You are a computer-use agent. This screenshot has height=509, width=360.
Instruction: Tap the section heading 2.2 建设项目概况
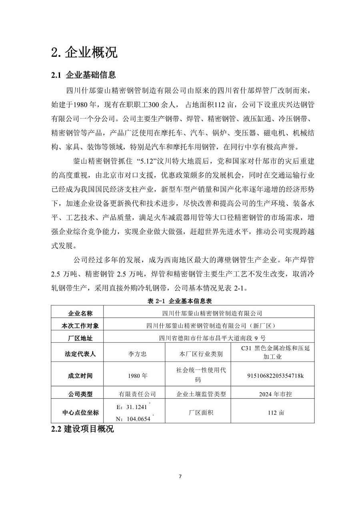point(82,429)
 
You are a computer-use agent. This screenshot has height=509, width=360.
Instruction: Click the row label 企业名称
point(78,313)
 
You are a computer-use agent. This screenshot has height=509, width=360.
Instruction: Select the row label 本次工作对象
point(78,325)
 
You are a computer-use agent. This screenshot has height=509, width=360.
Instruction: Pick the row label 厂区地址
point(78,338)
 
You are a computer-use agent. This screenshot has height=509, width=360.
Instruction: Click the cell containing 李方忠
point(134,354)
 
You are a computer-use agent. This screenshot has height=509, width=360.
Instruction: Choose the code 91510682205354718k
point(276,376)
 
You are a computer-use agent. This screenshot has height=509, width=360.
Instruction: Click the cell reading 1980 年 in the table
point(134,376)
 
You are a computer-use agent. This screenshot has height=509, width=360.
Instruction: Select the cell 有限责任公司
point(134,394)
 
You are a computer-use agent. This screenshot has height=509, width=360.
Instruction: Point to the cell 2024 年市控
point(276,394)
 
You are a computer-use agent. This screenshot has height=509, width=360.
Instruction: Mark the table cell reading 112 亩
point(276,412)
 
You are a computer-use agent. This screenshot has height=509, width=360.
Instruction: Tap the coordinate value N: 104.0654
point(133,419)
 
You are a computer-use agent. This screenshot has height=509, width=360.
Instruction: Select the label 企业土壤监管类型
point(201,394)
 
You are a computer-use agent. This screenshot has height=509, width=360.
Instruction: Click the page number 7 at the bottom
point(180,476)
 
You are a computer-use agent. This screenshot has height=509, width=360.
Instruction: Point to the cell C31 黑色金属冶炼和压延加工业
point(276,352)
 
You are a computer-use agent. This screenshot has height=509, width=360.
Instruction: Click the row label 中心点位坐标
point(78,412)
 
